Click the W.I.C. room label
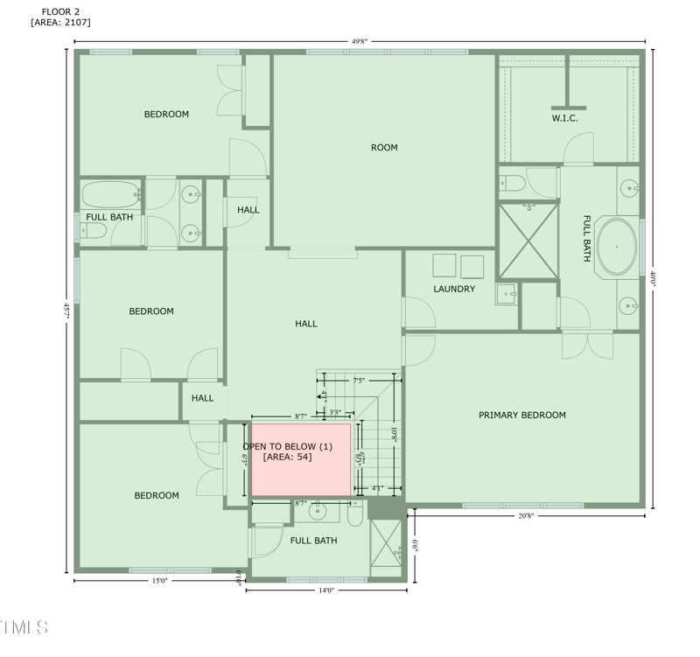click(564, 118)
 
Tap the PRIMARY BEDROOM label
click(521, 415)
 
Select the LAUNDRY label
click(454, 289)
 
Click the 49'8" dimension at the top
click(359, 41)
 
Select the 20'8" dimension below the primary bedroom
click(525, 516)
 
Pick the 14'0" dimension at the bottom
click(325, 591)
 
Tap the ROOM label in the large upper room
click(384, 147)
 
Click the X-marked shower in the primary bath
click(528, 240)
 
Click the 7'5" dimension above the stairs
click(359, 381)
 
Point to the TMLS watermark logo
click(24, 626)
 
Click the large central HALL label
click(306, 324)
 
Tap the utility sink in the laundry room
click(506, 293)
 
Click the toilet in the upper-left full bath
click(94, 230)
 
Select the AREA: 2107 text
click(60, 22)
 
